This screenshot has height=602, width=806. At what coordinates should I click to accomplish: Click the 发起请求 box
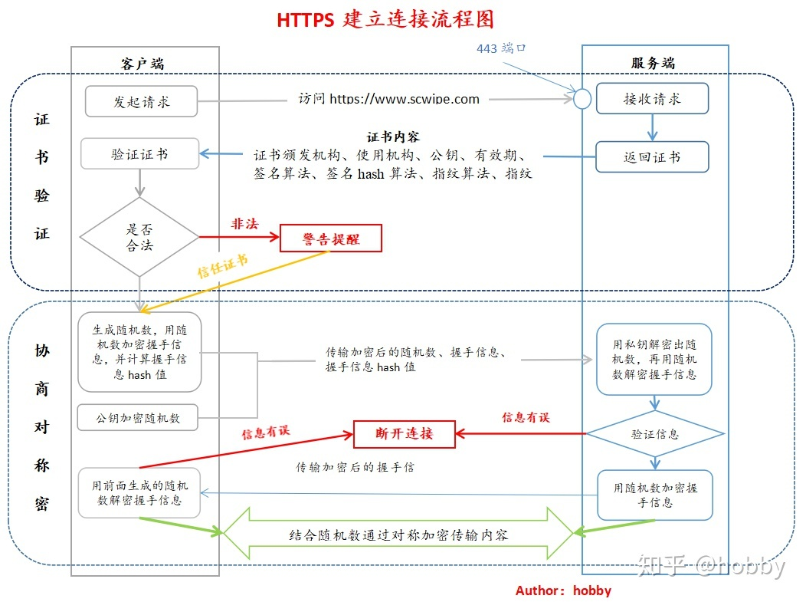(x=141, y=101)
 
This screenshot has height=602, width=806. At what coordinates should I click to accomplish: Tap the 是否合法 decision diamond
(x=139, y=237)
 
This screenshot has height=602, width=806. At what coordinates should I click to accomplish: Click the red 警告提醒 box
(x=331, y=238)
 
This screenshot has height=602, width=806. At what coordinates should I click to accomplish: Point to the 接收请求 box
(x=652, y=99)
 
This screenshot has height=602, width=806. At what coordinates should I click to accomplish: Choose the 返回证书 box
(x=652, y=157)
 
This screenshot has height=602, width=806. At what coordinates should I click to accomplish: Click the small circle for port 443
(x=582, y=99)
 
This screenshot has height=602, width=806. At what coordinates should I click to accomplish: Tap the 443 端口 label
(x=501, y=48)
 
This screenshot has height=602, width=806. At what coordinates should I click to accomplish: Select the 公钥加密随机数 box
(x=138, y=418)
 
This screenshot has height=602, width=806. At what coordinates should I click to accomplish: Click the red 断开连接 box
(x=404, y=433)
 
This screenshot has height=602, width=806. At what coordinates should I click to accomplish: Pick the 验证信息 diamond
(x=655, y=434)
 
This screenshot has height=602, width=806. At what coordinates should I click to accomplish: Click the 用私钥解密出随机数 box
(x=654, y=359)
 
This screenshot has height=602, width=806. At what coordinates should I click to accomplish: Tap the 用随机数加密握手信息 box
(x=655, y=495)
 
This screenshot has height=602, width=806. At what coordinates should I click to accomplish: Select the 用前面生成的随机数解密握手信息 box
(x=139, y=492)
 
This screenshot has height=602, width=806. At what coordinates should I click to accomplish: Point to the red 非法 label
(x=244, y=224)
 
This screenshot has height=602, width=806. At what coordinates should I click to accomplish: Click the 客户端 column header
(x=143, y=63)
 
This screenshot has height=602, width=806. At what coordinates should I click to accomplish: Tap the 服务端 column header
(x=653, y=63)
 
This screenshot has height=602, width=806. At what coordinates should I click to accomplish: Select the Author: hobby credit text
(x=563, y=590)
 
